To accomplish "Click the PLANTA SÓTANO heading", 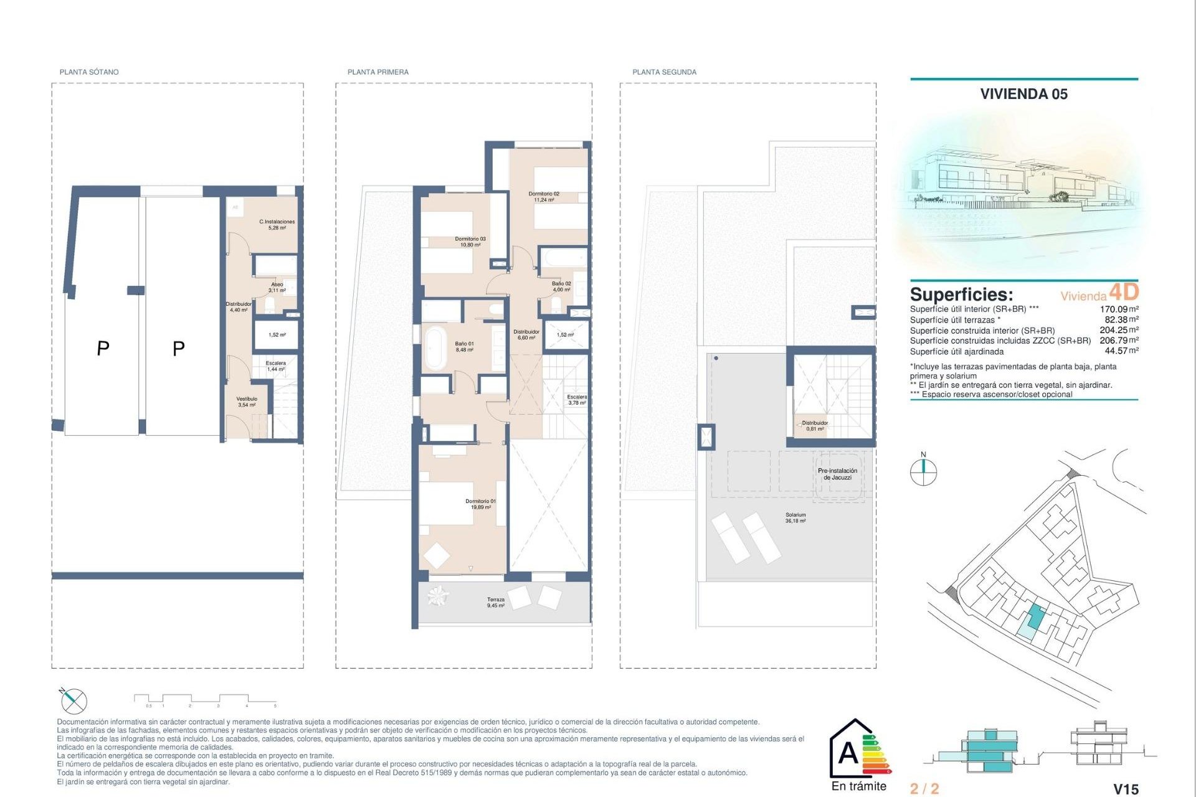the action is [88, 72].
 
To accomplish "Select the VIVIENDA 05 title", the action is [1023, 94].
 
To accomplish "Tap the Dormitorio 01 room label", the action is [480, 504].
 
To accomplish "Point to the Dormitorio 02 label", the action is [544, 197].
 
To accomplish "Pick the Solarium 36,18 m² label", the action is [795, 517].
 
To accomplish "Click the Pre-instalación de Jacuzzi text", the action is [837, 474].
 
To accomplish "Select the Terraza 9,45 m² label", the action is [496, 602].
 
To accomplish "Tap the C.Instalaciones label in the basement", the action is [277, 224].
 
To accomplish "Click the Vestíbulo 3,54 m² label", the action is [247, 402].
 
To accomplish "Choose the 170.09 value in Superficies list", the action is [1114, 309].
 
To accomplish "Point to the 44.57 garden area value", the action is [1116, 351].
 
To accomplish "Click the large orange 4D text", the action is [1124, 291].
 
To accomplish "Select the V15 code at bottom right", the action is [1126, 789].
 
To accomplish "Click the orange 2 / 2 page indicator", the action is [924, 789].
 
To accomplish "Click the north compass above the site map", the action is [923, 471].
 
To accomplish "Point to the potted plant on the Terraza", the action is [437, 596].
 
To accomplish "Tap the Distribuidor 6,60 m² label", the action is [526, 334].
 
